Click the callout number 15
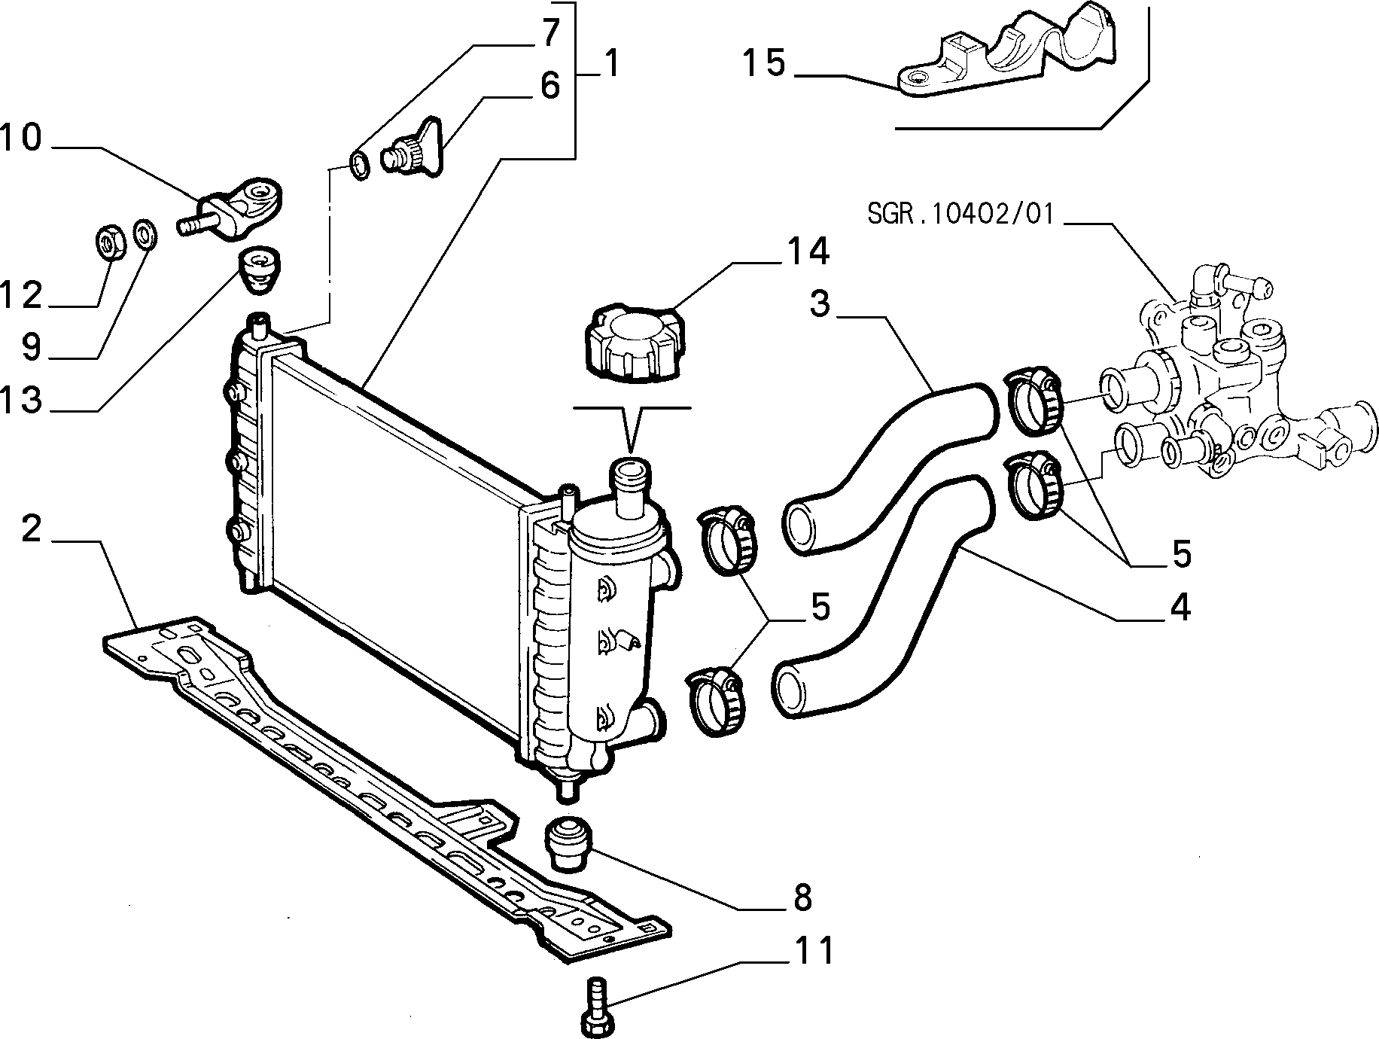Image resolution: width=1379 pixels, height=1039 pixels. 764,62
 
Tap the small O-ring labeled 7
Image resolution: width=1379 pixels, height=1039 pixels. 361,164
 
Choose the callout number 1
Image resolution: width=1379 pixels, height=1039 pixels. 611,63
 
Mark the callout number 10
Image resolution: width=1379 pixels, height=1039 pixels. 21,139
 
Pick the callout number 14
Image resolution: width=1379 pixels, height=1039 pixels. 808,251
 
